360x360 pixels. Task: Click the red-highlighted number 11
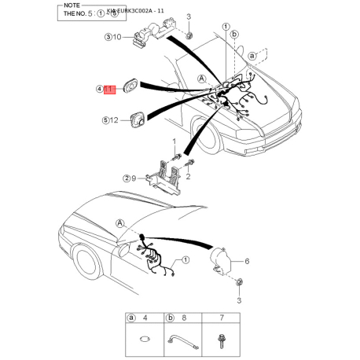point(111,90)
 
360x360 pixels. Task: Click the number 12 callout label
point(115,120)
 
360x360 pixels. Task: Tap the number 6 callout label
point(246,261)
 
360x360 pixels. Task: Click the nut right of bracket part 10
point(189,36)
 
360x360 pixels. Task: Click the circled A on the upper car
point(202,79)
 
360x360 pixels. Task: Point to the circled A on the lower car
point(119,223)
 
